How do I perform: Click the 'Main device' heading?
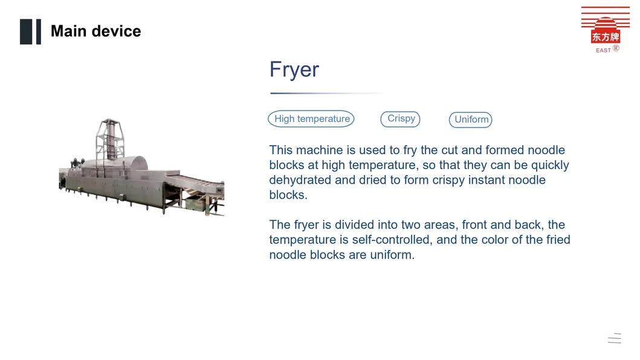click(x=96, y=31)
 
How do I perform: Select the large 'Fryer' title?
click(x=294, y=70)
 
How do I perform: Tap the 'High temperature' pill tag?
click(x=311, y=119)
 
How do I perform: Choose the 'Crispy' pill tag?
click(x=401, y=119)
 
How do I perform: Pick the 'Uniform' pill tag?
click(x=471, y=120)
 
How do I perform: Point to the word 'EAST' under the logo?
click(x=603, y=50)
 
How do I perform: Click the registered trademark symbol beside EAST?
click(x=616, y=48)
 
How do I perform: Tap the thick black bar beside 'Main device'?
click(x=26, y=31)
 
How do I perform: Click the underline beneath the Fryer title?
click(x=326, y=94)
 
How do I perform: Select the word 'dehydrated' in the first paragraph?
click(x=300, y=180)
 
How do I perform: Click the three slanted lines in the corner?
click(x=614, y=338)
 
